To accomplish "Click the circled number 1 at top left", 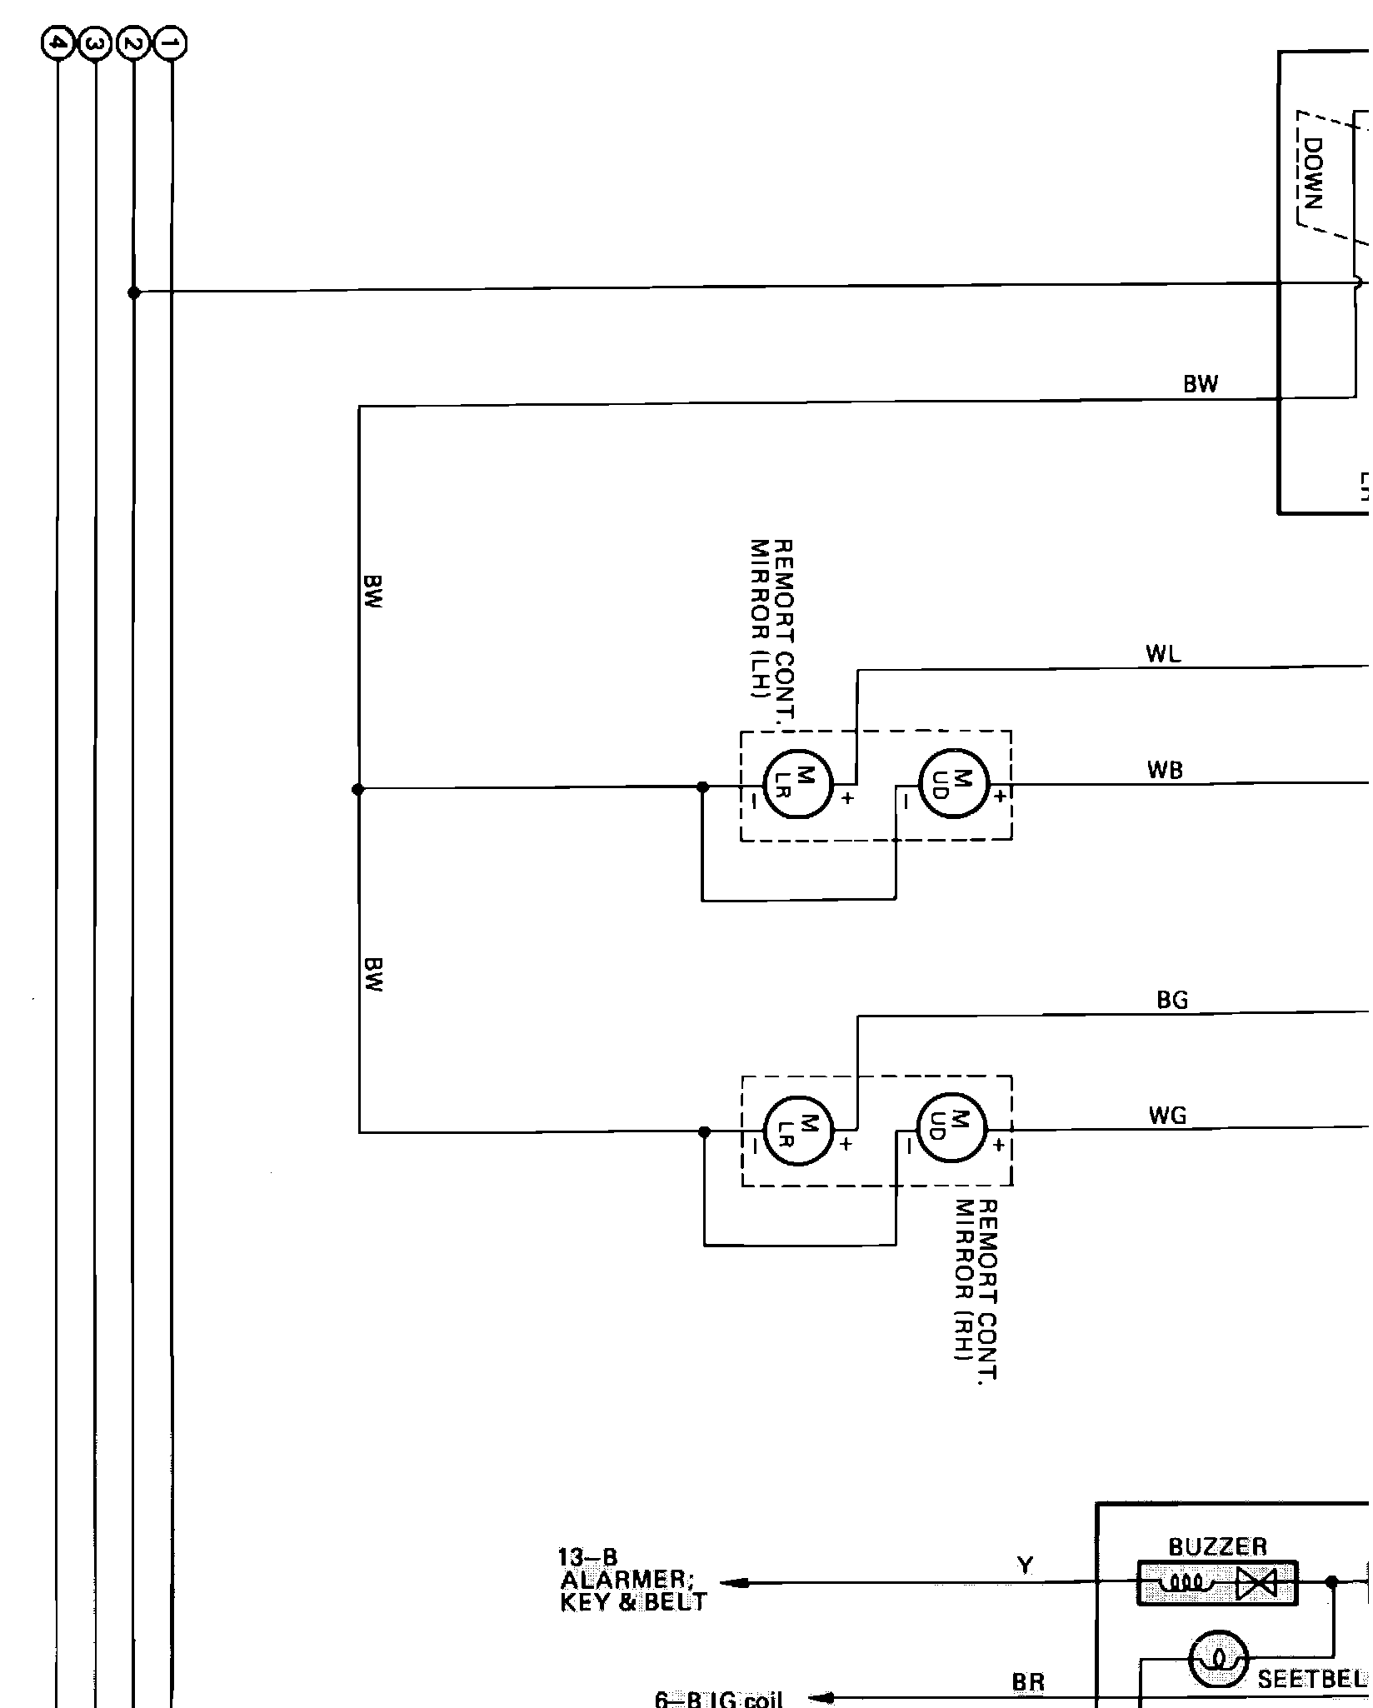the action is [x=172, y=43].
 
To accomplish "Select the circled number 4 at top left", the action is [x=57, y=43].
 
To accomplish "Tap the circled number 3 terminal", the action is [x=95, y=43].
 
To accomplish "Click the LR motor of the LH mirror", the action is [x=798, y=785].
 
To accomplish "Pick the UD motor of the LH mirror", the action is [x=953, y=784].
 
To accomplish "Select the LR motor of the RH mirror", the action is [x=798, y=1131].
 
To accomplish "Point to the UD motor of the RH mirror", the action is [x=951, y=1128].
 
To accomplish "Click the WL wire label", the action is [x=1163, y=655].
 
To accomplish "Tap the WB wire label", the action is [x=1164, y=771].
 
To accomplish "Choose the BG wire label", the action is [x=1172, y=1001].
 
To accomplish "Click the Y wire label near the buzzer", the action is [x=1025, y=1566].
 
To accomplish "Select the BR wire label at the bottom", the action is [x=1028, y=1682].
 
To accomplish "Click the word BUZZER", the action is [x=1217, y=1547].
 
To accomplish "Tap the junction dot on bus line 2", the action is [x=133, y=292].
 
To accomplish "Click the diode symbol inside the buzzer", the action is [x=1257, y=1583].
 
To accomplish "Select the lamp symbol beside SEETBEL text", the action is [x=1219, y=1657].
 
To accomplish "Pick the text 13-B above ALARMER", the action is [x=588, y=1556].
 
